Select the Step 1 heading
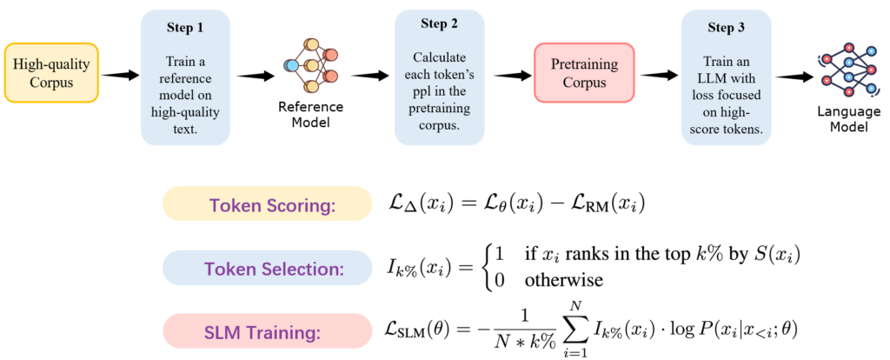(x=184, y=27)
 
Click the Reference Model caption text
(x=311, y=115)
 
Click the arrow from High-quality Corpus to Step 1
(x=120, y=77)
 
